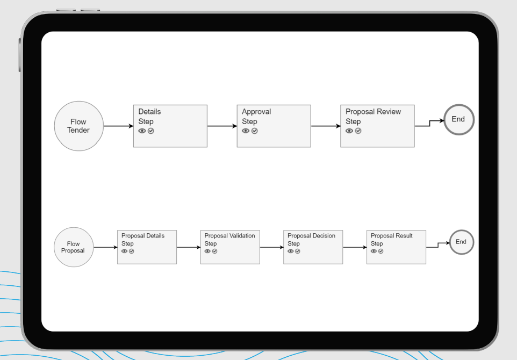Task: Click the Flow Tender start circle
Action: click(78, 126)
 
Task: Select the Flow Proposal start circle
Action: click(73, 247)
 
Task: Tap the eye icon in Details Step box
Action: click(142, 131)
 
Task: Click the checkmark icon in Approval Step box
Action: click(255, 131)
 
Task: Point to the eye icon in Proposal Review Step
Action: click(349, 131)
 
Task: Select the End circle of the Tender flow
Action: click(458, 119)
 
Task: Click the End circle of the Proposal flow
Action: click(461, 242)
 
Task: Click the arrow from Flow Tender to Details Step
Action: click(118, 126)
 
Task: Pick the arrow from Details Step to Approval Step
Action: click(221, 126)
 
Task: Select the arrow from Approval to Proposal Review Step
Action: click(325, 126)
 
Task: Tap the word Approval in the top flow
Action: click(256, 112)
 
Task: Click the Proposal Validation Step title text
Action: click(229, 236)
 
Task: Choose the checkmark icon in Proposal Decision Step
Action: click(298, 251)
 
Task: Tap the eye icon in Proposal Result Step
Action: click(374, 251)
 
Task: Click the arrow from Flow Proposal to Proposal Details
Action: click(105, 247)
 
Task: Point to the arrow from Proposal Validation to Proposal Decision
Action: click(271, 247)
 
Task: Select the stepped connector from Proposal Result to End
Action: click(437, 245)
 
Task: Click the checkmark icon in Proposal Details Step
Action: click(132, 251)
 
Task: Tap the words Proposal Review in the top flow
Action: click(373, 112)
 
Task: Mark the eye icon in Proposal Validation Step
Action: click(207, 251)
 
